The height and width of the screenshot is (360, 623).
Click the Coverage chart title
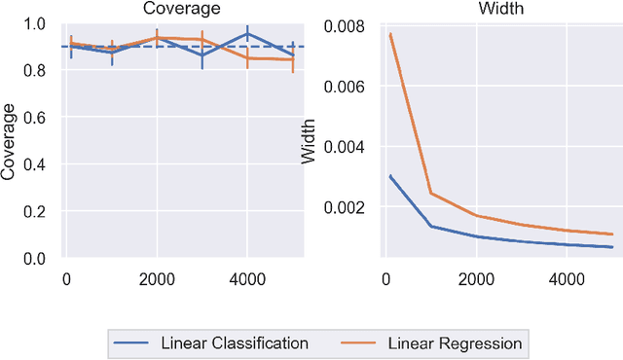point(180,9)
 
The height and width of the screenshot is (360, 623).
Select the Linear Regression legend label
point(455,342)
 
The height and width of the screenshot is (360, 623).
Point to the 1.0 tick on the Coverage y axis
point(36,24)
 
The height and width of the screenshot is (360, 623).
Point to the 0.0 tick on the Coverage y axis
point(36,259)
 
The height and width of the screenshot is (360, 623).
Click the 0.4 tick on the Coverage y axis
point(36,165)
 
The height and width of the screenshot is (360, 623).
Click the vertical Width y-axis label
point(310,142)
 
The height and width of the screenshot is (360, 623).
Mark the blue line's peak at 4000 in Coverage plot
point(247,34)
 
